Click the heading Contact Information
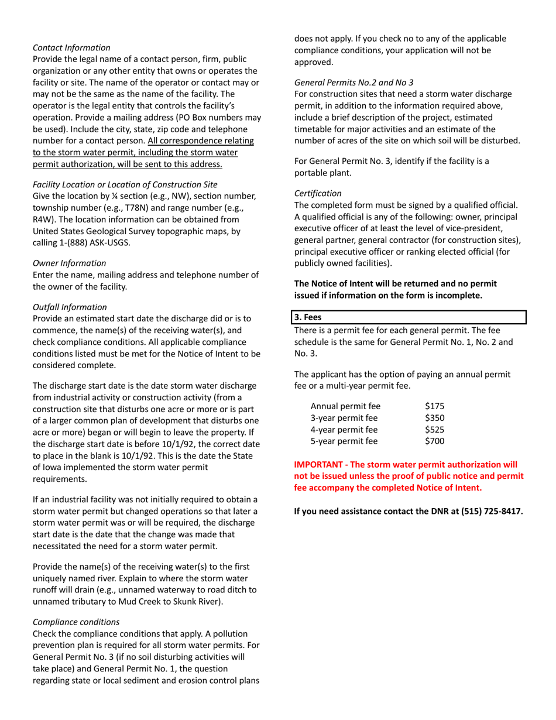(71, 47)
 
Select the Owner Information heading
(70, 263)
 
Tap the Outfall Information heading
(70, 307)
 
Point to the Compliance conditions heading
(76, 622)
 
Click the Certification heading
(318, 193)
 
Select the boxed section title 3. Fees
(308, 317)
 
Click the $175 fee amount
(435, 406)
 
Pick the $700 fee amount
(435, 441)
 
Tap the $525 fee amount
(435, 429)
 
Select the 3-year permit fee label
(344, 417)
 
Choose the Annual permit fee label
(345, 406)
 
